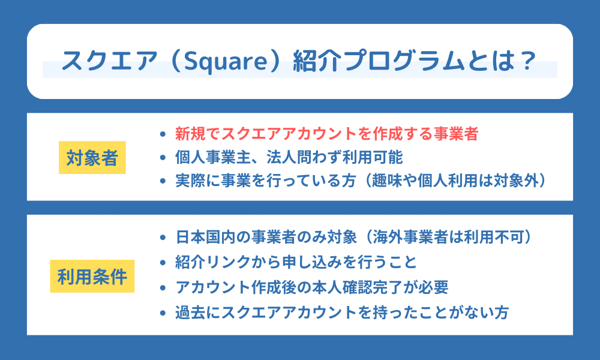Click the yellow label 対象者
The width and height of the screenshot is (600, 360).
(92, 158)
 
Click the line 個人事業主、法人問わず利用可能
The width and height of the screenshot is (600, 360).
(289, 158)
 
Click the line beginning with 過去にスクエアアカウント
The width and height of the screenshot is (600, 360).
(341, 313)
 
